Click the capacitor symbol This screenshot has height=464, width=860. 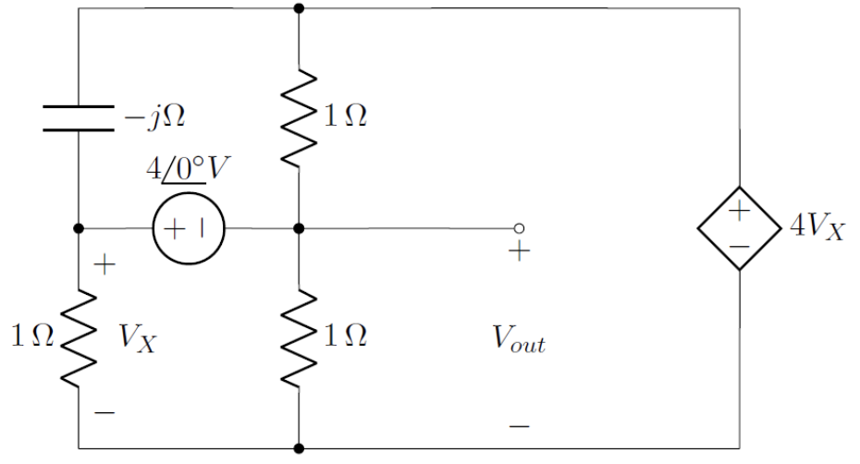79,117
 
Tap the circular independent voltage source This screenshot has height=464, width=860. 189,228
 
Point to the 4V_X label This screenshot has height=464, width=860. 817,228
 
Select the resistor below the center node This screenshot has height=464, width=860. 299,337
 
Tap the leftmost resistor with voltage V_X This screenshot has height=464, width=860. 79,337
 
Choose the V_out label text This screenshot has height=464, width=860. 519,342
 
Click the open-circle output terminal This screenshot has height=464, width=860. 519,228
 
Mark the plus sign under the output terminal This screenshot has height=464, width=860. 519,252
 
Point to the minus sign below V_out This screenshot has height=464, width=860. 519,426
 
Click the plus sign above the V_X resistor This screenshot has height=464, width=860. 105,266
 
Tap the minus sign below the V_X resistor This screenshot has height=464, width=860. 105,410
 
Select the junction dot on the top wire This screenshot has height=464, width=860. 299,8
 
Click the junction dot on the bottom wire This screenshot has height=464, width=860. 299,448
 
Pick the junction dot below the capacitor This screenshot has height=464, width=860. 79,228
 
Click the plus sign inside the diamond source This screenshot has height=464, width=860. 740,212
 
